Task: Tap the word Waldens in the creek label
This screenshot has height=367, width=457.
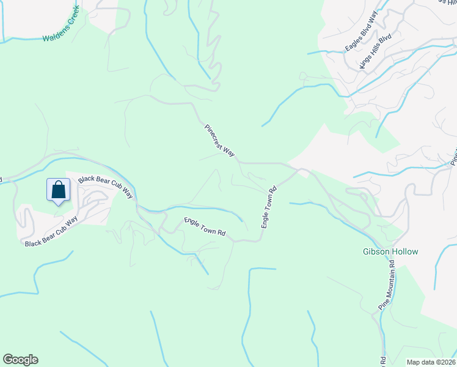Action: point(54,35)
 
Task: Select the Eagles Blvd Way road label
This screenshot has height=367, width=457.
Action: point(362,31)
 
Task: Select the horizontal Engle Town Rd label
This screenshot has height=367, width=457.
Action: point(205,226)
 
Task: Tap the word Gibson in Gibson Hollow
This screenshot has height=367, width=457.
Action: point(373,252)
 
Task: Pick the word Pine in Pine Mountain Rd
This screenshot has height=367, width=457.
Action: point(382,305)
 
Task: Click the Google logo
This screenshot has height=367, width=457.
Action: point(20,360)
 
